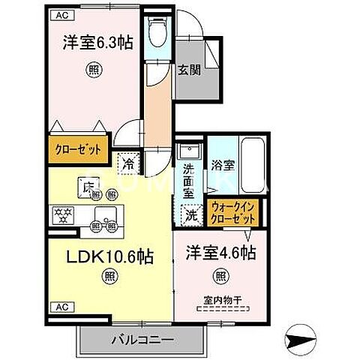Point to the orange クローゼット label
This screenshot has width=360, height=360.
coord(77,148)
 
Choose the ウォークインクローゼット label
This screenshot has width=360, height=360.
coord(234,213)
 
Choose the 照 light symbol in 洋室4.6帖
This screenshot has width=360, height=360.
coord(220,276)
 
